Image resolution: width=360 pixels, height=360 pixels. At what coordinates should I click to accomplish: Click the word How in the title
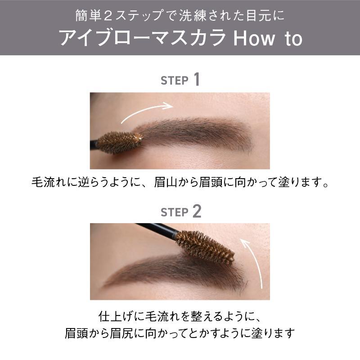point(254,38)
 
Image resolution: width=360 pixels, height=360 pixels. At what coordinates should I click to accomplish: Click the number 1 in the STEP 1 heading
point(196,80)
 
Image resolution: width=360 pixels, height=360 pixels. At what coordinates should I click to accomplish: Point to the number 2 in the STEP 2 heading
point(197,211)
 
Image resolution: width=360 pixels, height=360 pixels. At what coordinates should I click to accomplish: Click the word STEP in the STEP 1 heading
point(175,81)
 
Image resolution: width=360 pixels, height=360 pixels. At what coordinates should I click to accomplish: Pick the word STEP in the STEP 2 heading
point(175,212)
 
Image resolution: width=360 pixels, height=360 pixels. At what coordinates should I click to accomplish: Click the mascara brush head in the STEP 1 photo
point(120,142)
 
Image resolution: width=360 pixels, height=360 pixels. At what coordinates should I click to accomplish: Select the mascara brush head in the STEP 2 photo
point(205,247)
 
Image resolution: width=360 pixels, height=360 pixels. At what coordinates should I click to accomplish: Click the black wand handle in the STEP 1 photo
point(94,144)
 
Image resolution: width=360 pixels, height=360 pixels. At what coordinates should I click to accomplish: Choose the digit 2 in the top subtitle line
point(108,16)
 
